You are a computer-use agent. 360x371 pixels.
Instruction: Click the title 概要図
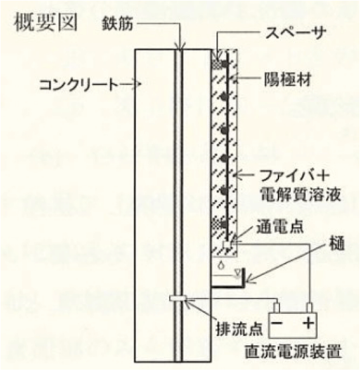tap(46, 24)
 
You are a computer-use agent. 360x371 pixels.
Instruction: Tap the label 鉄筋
tap(117, 24)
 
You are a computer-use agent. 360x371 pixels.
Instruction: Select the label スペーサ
tap(295, 32)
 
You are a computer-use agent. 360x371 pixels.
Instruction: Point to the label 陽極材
tap(288, 79)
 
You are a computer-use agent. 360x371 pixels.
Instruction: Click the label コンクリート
tap(79, 85)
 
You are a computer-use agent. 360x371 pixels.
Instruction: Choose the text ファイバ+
tap(294, 176)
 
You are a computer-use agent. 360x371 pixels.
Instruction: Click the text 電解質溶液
tap(300, 195)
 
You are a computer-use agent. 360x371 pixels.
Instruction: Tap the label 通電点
tap(280, 227)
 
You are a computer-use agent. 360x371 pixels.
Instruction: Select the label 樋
tap(336, 244)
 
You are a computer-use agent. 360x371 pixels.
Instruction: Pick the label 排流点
tap(240, 329)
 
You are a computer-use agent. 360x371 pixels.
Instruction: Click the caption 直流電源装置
tap(293, 352)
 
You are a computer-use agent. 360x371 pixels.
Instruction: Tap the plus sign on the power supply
tap(308, 323)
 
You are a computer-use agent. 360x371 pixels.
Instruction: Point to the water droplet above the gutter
tap(221, 265)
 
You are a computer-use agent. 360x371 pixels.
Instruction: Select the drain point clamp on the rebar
tap(178, 298)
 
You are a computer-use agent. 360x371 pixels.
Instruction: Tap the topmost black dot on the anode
tap(224, 64)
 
